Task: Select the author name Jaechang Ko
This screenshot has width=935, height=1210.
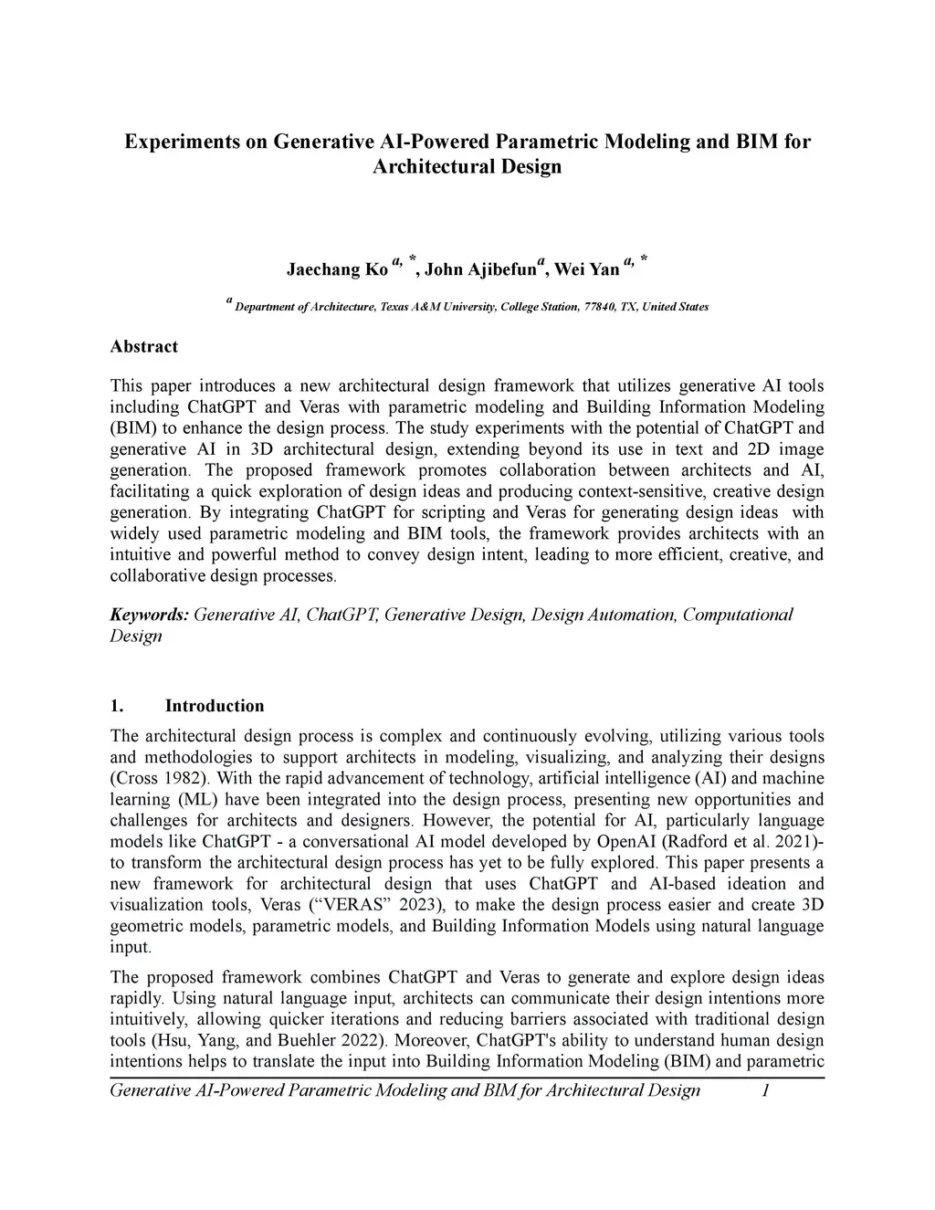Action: point(337,269)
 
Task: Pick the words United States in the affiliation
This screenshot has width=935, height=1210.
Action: point(675,307)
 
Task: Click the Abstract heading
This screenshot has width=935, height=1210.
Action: point(143,346)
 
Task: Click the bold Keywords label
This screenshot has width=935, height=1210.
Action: point(149,615)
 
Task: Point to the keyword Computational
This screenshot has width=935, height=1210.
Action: point(738,615)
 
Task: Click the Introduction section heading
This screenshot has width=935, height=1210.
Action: point(215,706)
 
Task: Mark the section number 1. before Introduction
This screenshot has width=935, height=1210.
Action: point(116,706)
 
